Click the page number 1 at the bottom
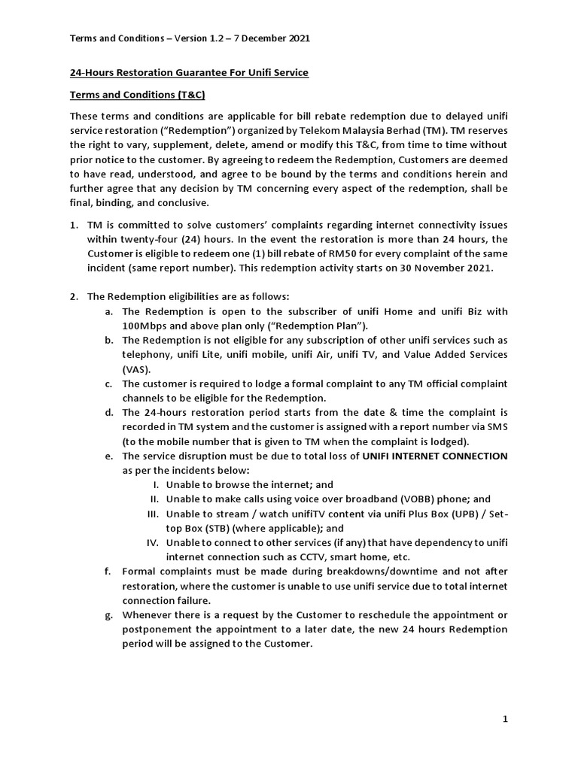pyautogui.click(x=506, y=720)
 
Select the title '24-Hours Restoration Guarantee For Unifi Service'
pyautogui.click(x=189, y=72)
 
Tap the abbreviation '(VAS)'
pyautogui.click(x=136, y=369)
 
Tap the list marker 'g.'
pyautogui.click(x=109, y=614)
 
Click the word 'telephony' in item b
pyautogui.click(x=145, y=354)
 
